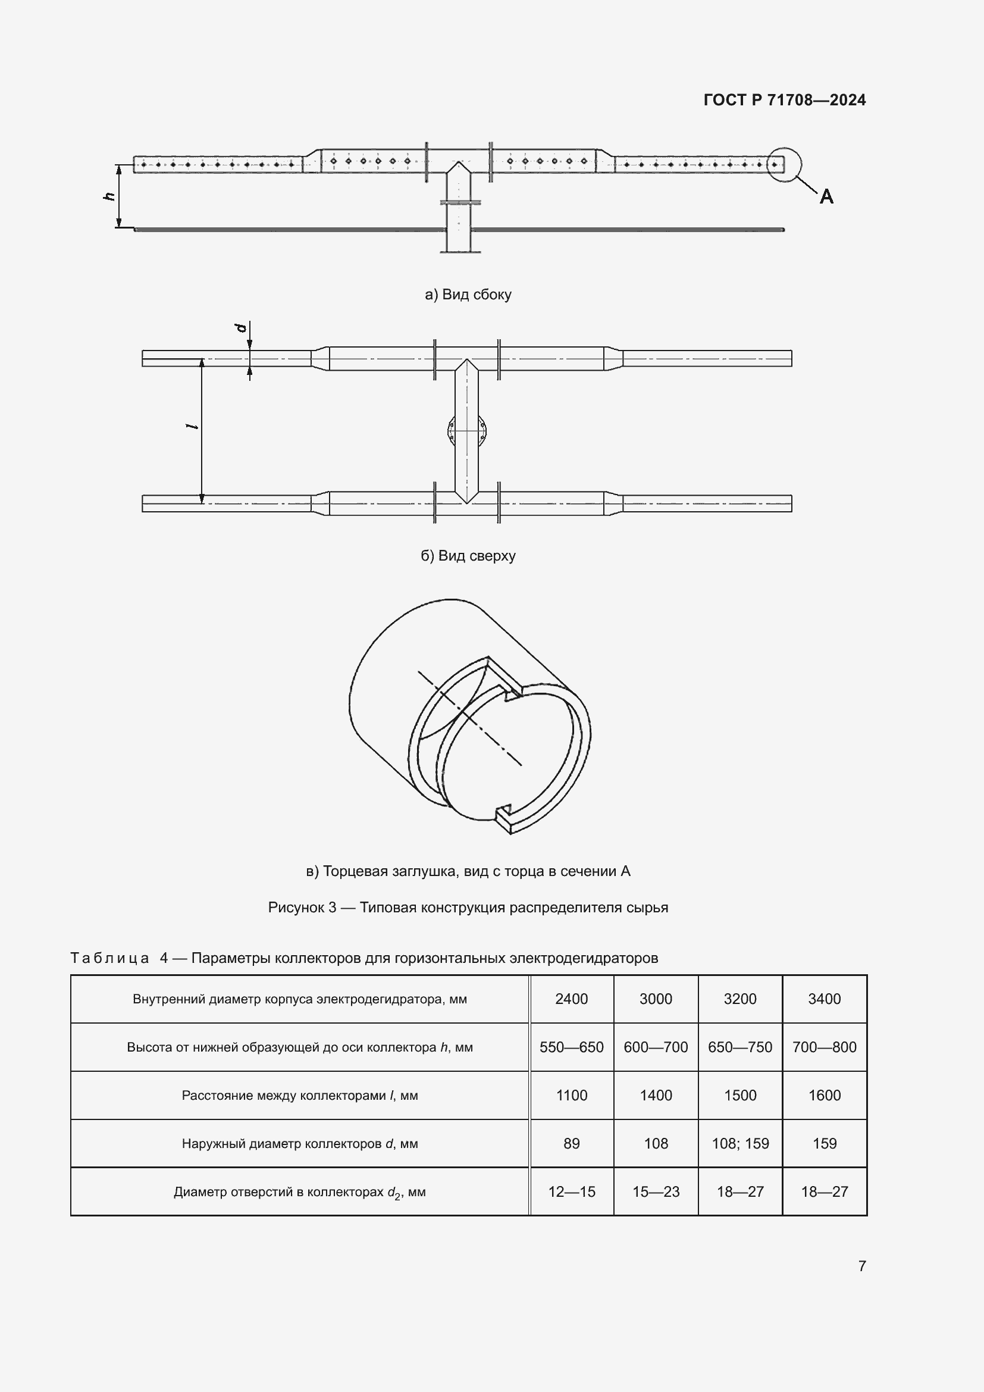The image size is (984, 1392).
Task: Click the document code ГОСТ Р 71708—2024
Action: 784,100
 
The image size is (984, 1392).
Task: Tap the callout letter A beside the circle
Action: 826,196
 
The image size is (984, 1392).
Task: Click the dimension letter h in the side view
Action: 109,196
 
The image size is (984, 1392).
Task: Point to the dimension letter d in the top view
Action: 241,328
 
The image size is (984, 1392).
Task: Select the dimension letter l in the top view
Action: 193,427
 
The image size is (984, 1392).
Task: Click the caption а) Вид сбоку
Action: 468,295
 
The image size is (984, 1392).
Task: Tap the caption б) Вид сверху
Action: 468,556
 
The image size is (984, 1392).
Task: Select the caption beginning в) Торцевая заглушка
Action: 468,871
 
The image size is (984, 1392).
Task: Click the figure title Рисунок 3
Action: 468,908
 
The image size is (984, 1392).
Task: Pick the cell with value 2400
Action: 571,999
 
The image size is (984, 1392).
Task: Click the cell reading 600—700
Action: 656,1047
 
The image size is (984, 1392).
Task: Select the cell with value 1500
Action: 740,1096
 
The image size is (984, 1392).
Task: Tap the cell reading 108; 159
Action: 740,1143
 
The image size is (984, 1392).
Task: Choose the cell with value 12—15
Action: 571,1192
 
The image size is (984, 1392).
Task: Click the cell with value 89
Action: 571,1143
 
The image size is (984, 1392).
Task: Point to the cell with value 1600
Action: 824,1096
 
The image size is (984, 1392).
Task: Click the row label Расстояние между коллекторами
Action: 299,1096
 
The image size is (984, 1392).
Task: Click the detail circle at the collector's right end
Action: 784,164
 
